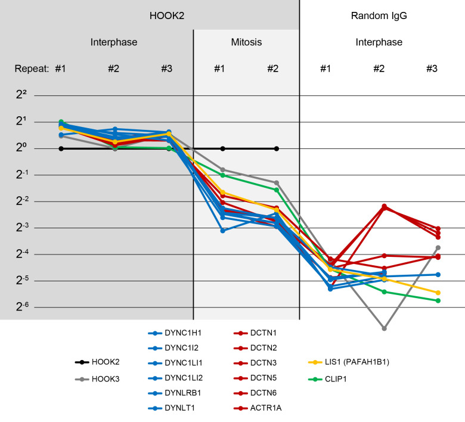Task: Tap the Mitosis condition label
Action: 246,42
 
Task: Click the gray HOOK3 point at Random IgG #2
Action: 385,328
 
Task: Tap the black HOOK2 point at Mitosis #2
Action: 276,148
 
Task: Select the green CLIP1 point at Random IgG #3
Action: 438,300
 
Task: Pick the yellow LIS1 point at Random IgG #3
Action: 438,293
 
